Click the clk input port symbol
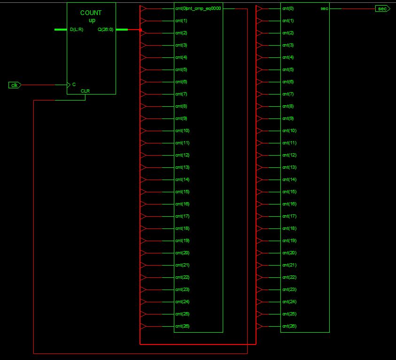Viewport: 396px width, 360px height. [15, 85]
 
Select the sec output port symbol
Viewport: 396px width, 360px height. [382, 8]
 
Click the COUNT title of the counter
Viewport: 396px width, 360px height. [91, 13]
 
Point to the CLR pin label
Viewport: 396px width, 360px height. [85, 91]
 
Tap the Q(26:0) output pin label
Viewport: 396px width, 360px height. [105, 30]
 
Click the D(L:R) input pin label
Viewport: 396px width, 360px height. [77, 30]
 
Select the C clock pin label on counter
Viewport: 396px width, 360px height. [74, 85]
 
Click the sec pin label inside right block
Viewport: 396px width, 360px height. [324, 8]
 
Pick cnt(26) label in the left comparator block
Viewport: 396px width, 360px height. [182, 326]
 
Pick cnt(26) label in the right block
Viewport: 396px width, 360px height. [288, 326]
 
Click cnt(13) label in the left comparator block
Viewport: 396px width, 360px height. [182, 167]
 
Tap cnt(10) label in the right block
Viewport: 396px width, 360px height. [288, 131]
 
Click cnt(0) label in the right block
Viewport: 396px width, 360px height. [288, 8]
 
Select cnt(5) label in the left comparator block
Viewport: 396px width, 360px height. [181, 70]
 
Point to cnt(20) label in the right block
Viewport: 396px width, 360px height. [288, 253]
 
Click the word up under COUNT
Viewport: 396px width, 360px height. [92, 20]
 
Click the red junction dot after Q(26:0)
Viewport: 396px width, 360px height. [140, 30]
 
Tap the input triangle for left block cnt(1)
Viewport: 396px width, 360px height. [143, 21]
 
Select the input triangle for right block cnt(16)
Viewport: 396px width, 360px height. [259, 204]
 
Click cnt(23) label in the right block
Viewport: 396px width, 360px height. [288, 290]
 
